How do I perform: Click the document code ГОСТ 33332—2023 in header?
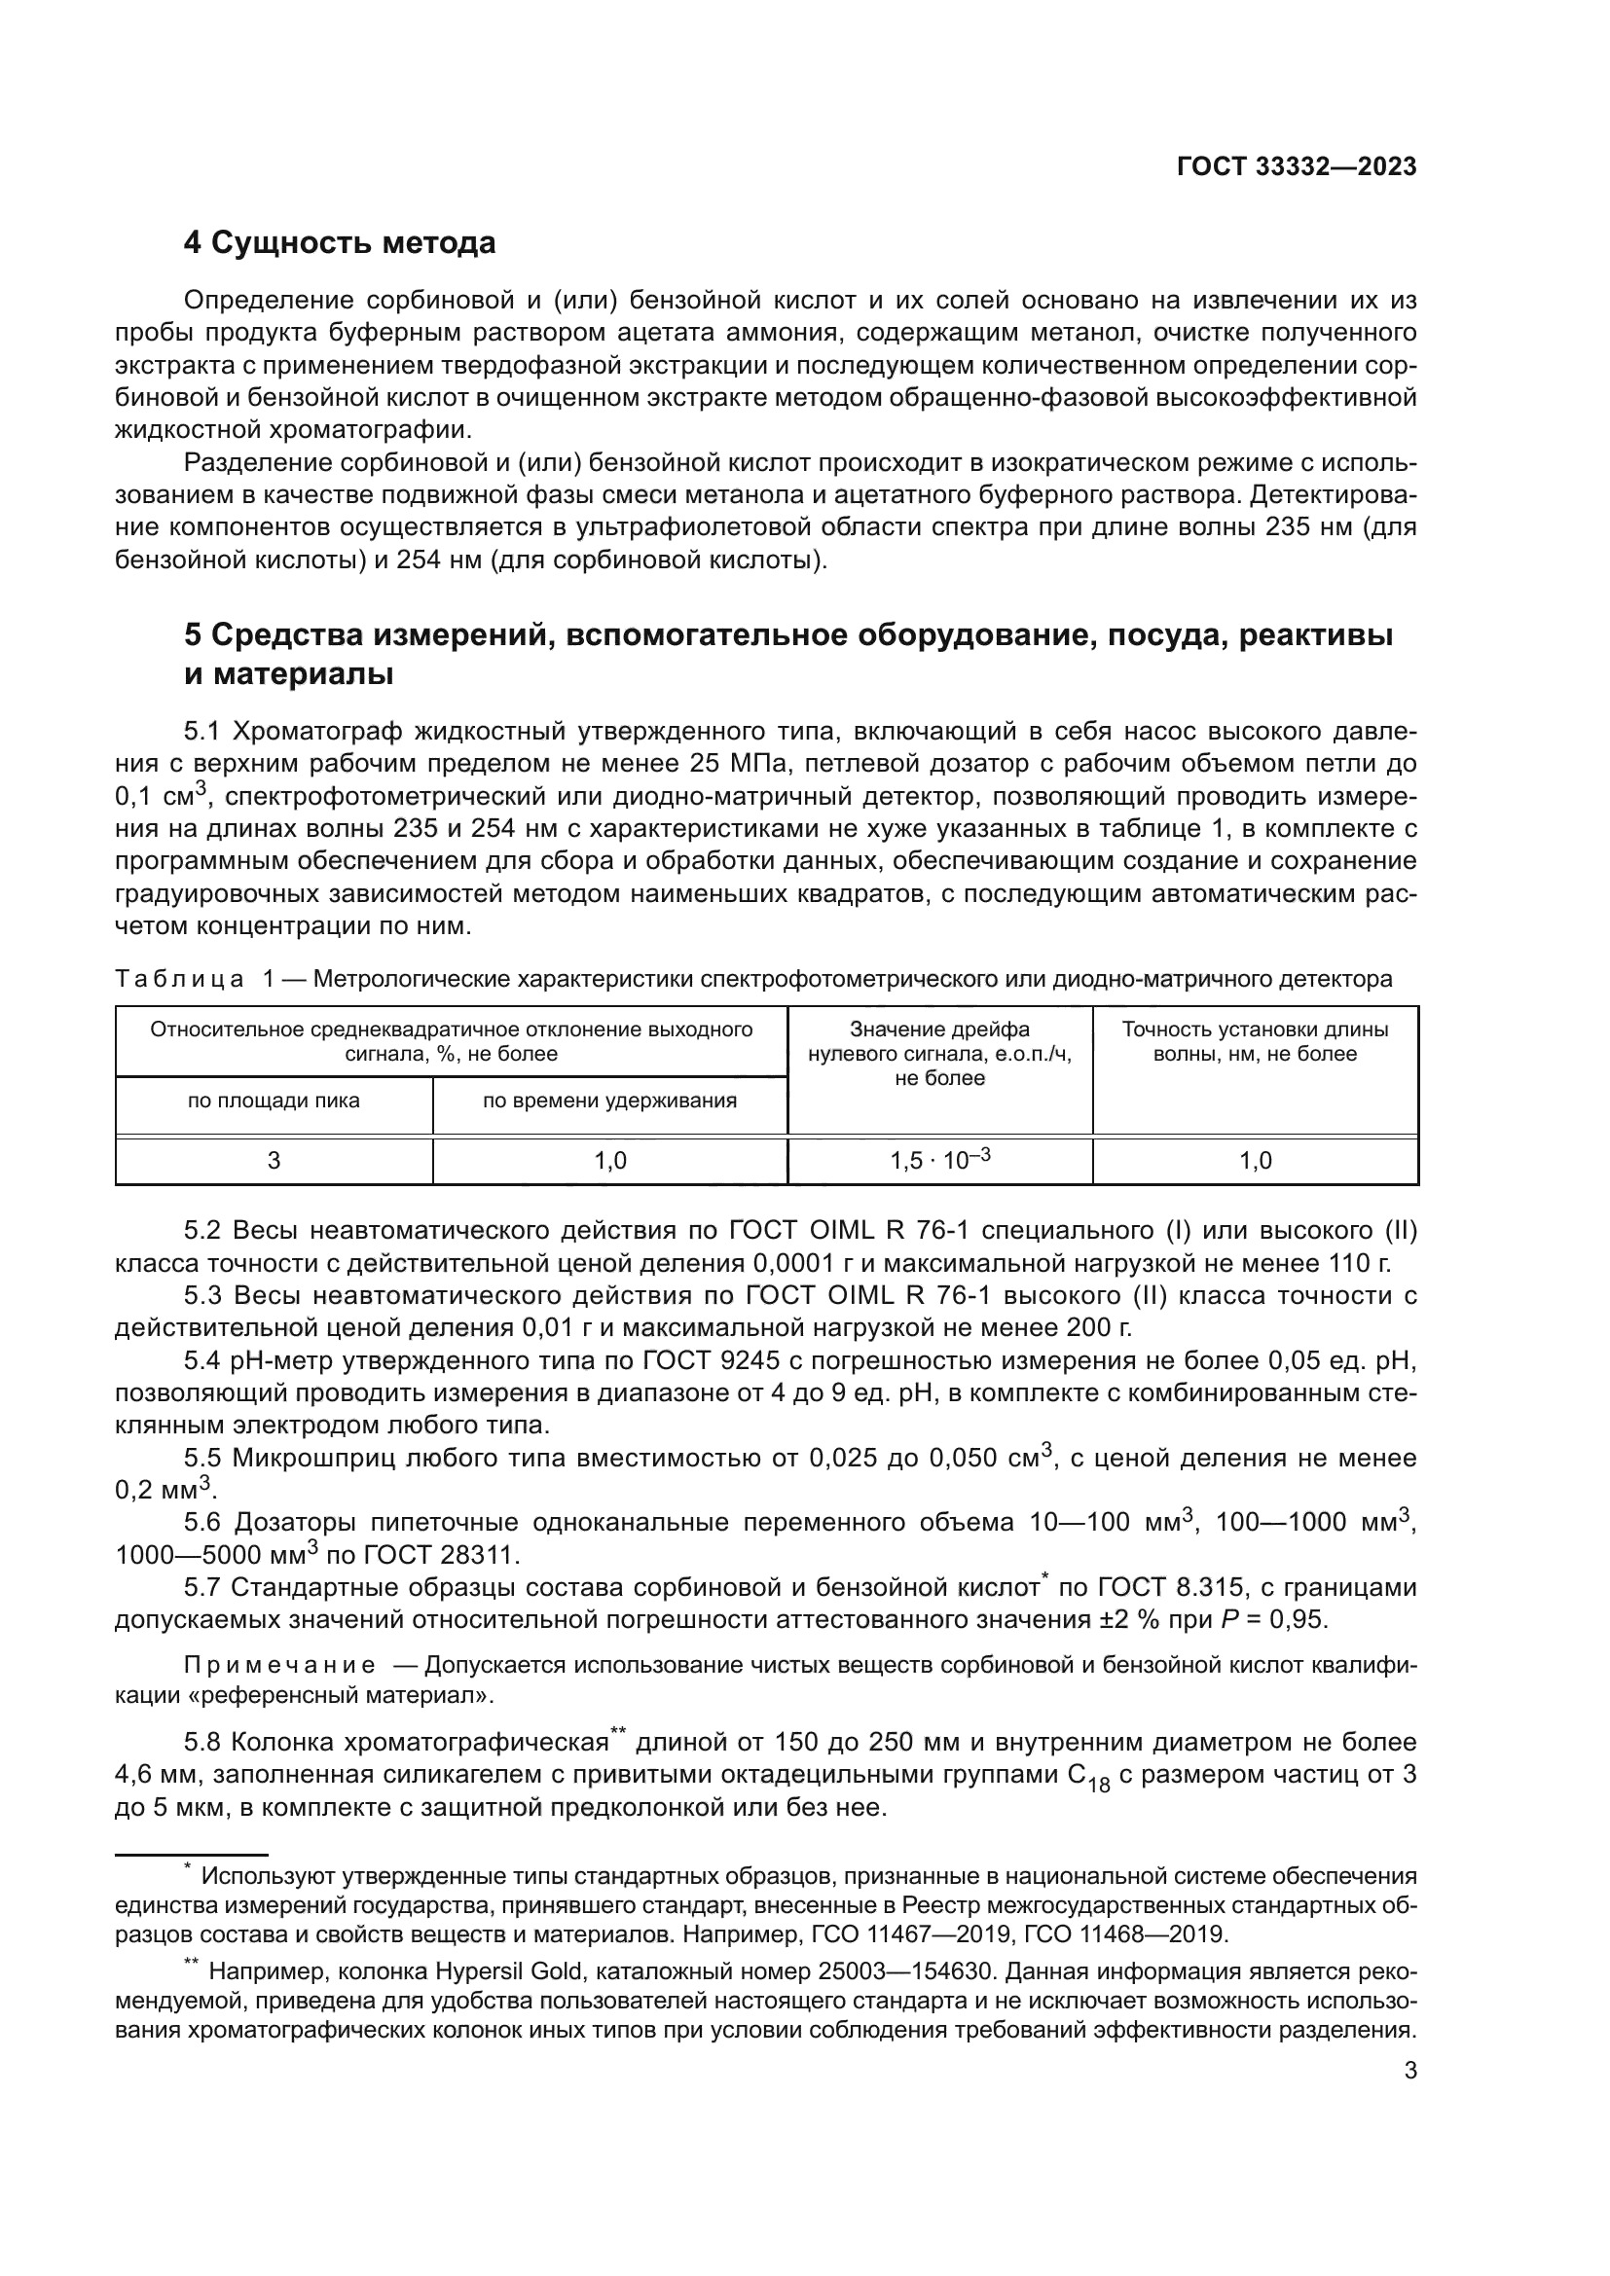click(x=1296, y=166)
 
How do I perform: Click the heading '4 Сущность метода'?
click(x=340, y=243)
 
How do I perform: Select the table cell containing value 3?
click(x=274, y=1161)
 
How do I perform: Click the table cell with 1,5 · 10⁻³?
click(x=940, y=1161)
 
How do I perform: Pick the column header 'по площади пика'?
click(x=274, y=1101)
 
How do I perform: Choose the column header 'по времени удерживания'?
click(x=609, y=1101)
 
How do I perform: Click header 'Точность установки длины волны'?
click(x=1254, y=1041)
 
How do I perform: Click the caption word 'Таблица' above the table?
click(x=179, y=980)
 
